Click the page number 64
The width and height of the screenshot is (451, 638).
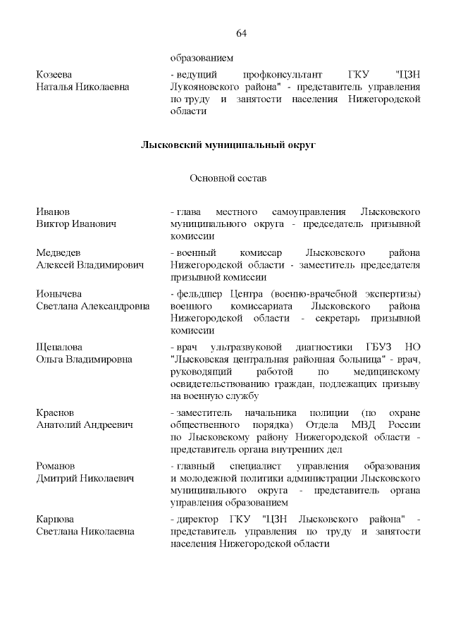tap(241, 33)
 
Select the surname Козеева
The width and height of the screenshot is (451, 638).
tap(54, 74)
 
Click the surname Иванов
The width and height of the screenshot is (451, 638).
tap(53, 211)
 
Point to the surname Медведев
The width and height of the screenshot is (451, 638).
tap(58, 252)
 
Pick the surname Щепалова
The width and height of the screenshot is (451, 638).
tap(59, 348)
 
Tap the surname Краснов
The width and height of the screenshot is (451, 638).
tap(56, 412)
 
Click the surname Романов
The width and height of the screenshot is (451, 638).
tap(56, 466)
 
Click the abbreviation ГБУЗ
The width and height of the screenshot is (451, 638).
tap(370, 348)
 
